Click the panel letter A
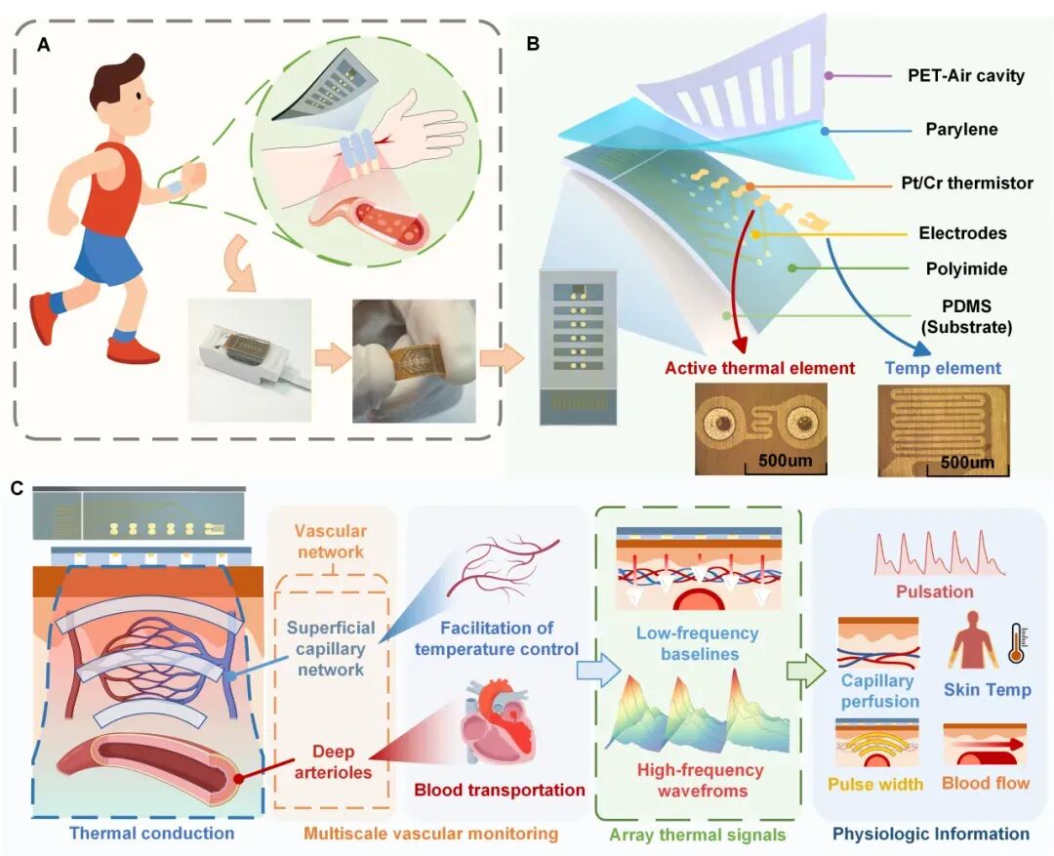click(x=44, y=46)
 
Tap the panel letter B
click(x=533, y=44)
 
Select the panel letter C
click(x=18, y=488)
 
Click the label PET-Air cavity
click(x=966, y=75)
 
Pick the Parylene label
click(x=961, y=129)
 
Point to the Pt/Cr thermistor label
click(x=967, y=183)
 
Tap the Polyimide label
click(x=966, y=269)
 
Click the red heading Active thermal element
click(x=759, y=369)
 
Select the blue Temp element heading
click(x=943, y=369)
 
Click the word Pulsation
click(x=934, y=591)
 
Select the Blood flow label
click(x=986, y=784)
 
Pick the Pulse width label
click(x=875, y=784)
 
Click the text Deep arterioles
click(x=333, y=762)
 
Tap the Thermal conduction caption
click(x=152, y=834)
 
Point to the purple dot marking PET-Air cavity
click(x=829, y=76)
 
